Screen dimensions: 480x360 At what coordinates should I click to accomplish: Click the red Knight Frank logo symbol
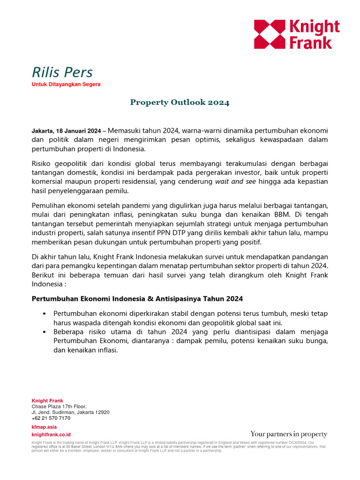click(x=269, y=34)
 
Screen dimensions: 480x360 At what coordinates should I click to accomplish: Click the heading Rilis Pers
click(x=62, y=72)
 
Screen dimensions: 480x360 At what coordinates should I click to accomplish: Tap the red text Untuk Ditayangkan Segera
click(x=66, y=84)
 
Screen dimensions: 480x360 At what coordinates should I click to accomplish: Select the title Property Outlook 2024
click(x=180, y=102)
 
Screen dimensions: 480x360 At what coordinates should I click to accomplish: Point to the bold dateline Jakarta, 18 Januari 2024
click(x=66, y=131)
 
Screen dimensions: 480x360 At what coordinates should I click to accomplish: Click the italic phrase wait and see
click(x=235, y=181)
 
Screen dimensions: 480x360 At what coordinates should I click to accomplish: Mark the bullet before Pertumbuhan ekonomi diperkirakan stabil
click(x=43, y=313)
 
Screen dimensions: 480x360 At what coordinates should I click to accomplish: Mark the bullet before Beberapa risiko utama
click(x=43, y=331)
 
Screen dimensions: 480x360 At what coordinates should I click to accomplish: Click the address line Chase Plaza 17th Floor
click(x=59, y=406)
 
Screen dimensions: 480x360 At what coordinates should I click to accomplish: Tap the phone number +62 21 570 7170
click(x=51, y=418)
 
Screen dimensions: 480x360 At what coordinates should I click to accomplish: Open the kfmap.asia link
click(x=44, y=427)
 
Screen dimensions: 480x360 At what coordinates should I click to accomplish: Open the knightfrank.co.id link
click(x=51, y=435)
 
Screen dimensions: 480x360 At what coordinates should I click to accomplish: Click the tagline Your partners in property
click(x=289, y=434)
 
